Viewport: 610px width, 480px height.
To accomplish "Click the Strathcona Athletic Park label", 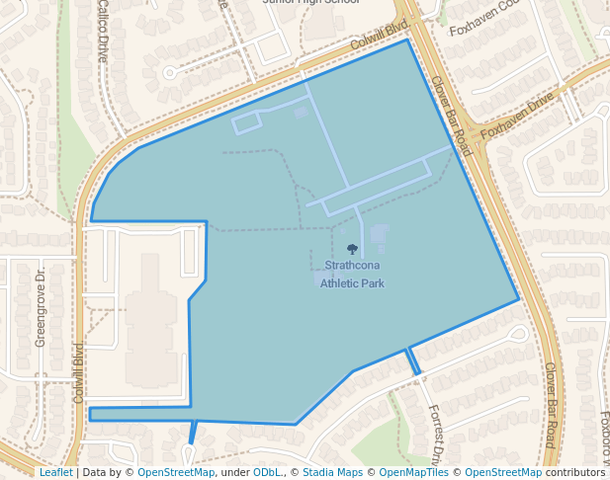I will [353, 275].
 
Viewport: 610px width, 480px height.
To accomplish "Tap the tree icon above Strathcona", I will [353, 249].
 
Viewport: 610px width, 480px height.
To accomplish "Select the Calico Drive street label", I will [103, 32].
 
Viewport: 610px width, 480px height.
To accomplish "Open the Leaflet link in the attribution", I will [55, 472].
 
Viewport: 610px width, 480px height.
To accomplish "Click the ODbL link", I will [267, 472].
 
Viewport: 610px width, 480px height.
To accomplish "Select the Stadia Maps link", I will [330, 472].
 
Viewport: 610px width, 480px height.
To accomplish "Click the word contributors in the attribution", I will [574, 472].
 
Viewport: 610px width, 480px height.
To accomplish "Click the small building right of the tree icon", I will [380, 233].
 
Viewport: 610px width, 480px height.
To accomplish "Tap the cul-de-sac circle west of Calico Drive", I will [169, 72].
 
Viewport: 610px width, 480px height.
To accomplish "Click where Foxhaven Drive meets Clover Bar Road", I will [473, 145].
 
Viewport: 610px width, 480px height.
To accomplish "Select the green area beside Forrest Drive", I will [381, 435].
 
